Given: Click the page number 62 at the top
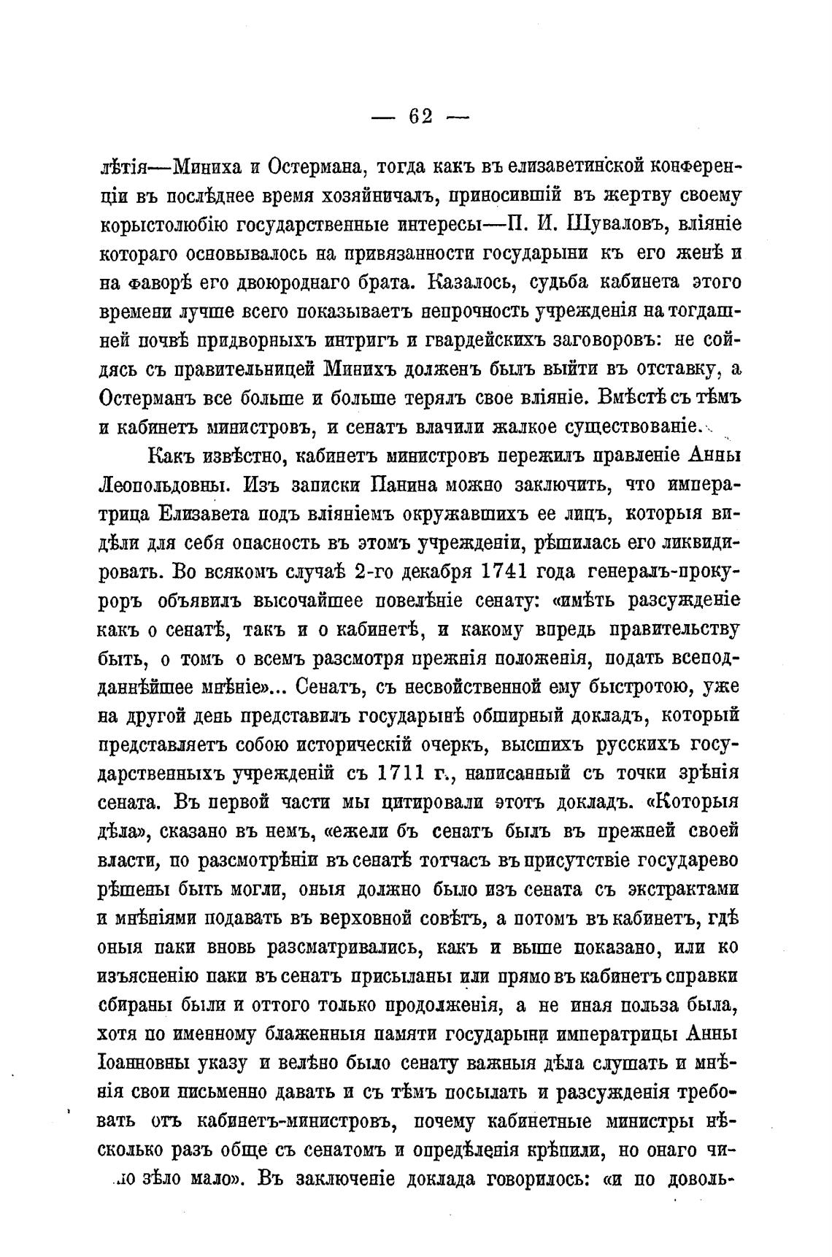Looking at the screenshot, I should click(421, 117).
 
